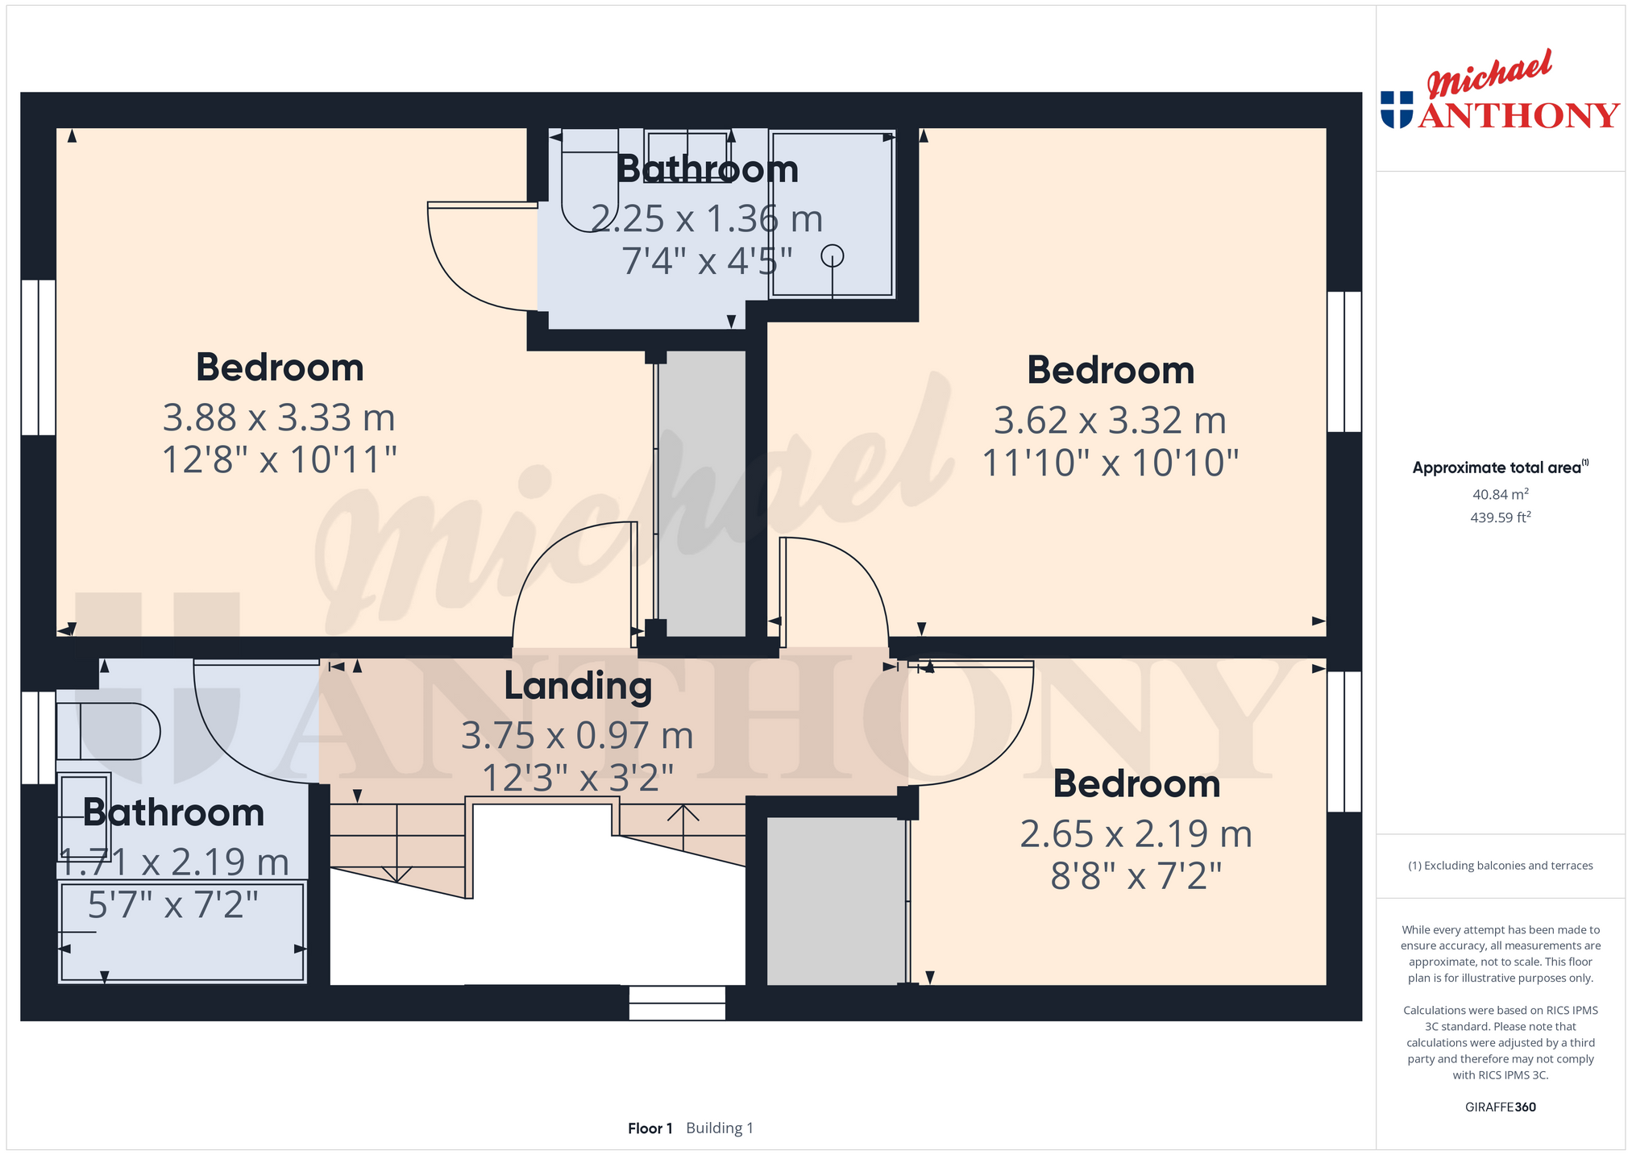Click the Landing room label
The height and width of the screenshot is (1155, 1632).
pyautogui.click(x=578, y=687)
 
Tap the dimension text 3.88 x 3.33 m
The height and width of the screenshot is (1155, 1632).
pyautogui.click(x=279, y=418)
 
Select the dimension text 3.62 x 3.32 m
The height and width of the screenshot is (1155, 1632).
pyautogui.click(x=1110, y=421)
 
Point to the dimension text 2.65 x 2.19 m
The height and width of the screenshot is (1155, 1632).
pyautogui.click(x=1136, y=834)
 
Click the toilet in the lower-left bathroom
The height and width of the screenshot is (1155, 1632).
pyautogui.click(x=108, y=731)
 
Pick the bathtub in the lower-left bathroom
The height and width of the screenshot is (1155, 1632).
pyautogui.click(x=182, y=932)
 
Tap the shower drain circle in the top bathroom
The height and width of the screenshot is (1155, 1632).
pyautogui.click(x=832, y=256)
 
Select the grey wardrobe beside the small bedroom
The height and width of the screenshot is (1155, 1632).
pyautogui.click(x=837, y=900)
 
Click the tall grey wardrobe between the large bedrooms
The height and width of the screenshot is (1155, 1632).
pyautogui.click(x=702, y=493)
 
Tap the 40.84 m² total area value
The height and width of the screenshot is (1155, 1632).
pyautogui.click(x=1500, y=494)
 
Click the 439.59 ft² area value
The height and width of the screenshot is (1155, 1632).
pyautogui.click(x=1500, y=517)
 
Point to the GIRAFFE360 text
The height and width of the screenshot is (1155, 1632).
pyautogui.click(x=1500, y=1107)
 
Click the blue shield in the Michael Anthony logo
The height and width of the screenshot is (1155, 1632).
pyautogui.click(x=1397, y=109)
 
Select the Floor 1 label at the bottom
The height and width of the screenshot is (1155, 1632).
pyautogui.click(x=650, y=1128)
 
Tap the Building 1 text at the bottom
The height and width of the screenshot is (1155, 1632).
pyautogui.click(x=720, y=1128)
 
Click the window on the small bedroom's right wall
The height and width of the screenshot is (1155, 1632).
pyautogui.click(x=1344, y=742)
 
